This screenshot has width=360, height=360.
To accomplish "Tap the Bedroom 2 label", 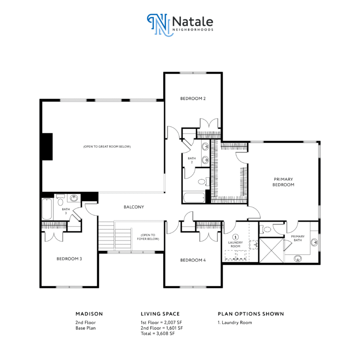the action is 193,98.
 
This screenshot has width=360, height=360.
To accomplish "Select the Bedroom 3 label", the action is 69,259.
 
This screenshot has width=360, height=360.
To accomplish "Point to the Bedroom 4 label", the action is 193,260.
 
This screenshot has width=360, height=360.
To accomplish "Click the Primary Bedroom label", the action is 283,182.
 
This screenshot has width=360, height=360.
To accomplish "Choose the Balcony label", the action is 134,207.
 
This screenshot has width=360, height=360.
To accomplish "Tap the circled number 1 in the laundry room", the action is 235,237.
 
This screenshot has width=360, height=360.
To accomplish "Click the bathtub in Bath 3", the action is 47,209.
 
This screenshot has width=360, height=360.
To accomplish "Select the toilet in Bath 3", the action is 60,200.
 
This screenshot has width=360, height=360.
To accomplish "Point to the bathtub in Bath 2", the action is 194,198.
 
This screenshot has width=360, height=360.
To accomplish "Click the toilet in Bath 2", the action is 203,182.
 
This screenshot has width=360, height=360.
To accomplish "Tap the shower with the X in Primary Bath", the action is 271,250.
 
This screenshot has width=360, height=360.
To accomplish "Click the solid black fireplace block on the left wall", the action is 47,146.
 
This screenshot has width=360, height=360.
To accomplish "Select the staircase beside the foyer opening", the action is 115,236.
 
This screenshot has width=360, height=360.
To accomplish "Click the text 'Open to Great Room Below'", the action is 107,146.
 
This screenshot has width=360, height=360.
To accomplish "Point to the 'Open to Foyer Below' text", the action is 148,237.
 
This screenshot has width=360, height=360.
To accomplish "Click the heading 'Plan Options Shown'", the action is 251,314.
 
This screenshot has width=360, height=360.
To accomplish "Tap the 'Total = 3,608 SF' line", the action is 157,333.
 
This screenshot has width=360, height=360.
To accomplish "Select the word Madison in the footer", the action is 90,314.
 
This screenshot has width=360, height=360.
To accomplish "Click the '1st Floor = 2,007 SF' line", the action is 161,322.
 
